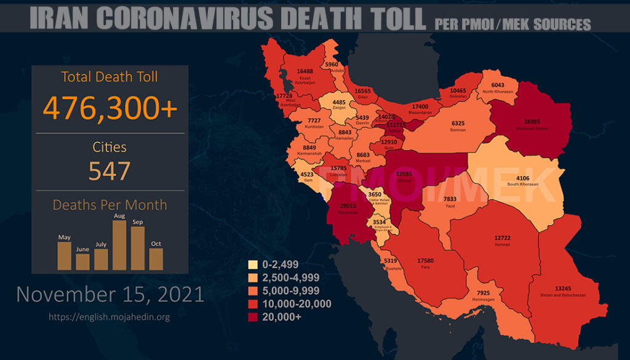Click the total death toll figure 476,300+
(110, 108)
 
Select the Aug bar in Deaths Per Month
(119, 245)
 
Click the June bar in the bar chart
(82, 262)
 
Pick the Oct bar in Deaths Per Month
(156, 258)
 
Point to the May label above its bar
(64, 237)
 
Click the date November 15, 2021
(110, 294)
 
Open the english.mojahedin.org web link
(109, 317)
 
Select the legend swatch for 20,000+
(252, 318)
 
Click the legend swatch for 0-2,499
(252, 265)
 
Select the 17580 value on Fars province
(425, 261)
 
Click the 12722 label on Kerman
(503, 238)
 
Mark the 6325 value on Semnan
(458, 123)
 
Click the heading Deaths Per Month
(110, 205)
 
